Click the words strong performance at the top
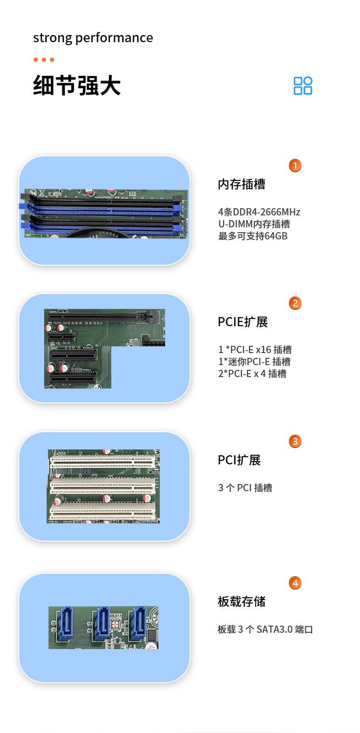tap(93, 38)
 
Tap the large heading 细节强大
tap(77, 86)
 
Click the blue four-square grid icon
tap(303, 86)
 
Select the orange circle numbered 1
tap(295, 166)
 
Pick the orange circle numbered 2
tap(295, 303)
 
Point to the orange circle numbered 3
tap(295, 441)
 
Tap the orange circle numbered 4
tap(295, 583)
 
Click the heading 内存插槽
tap(241, 184)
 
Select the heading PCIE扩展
tap(243, 322)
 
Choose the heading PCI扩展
tap(239, 460)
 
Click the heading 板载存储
tap(241, 602)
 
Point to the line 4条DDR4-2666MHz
tap(259, 212)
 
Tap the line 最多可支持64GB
tap(252, 236)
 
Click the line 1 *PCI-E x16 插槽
tap(255, 350)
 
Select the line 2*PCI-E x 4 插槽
tap(252, 374)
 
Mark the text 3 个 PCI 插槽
tap(245, 488)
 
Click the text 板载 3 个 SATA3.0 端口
tap(265, 629)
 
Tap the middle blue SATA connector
tap(102, 624)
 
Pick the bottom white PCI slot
tap(102, 512)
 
